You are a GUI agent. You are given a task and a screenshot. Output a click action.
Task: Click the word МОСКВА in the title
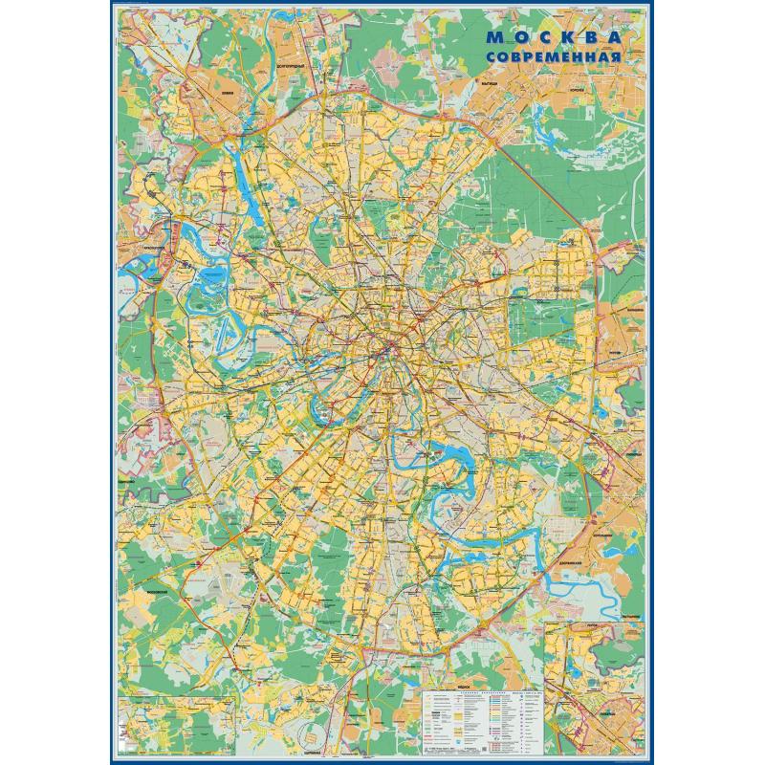click(556, 37)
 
